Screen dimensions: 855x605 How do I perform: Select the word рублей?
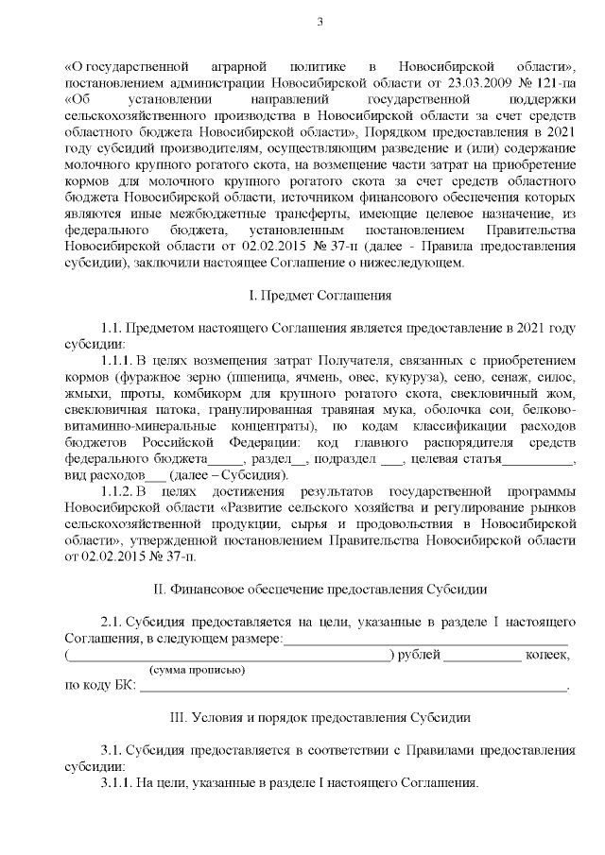(417, 654)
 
